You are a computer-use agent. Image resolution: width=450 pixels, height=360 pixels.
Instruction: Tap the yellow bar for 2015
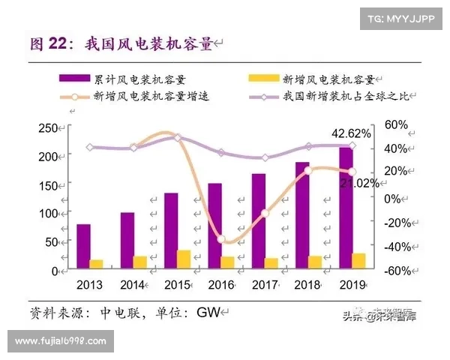183,259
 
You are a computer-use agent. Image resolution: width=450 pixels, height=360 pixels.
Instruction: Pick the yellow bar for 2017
271,262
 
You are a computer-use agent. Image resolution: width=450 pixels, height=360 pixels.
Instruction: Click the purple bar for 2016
214,226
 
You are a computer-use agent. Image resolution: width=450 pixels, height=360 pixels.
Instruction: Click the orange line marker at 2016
221,239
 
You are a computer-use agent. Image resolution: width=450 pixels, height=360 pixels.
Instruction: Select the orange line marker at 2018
308,170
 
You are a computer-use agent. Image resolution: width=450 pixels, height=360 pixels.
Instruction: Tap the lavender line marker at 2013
90,147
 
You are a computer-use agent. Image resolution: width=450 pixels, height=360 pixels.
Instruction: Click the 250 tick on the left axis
48,128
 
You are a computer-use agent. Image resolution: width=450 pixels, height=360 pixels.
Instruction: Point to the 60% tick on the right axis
396,124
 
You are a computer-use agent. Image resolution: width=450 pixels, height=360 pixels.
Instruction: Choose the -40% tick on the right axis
394,247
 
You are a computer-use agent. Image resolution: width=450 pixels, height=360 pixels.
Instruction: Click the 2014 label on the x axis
133,284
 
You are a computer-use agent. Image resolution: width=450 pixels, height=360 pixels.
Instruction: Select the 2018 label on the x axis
307,284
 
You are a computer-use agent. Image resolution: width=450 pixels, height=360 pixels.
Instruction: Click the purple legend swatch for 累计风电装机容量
77,78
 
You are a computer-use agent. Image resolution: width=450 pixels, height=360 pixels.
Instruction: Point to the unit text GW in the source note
208,312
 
